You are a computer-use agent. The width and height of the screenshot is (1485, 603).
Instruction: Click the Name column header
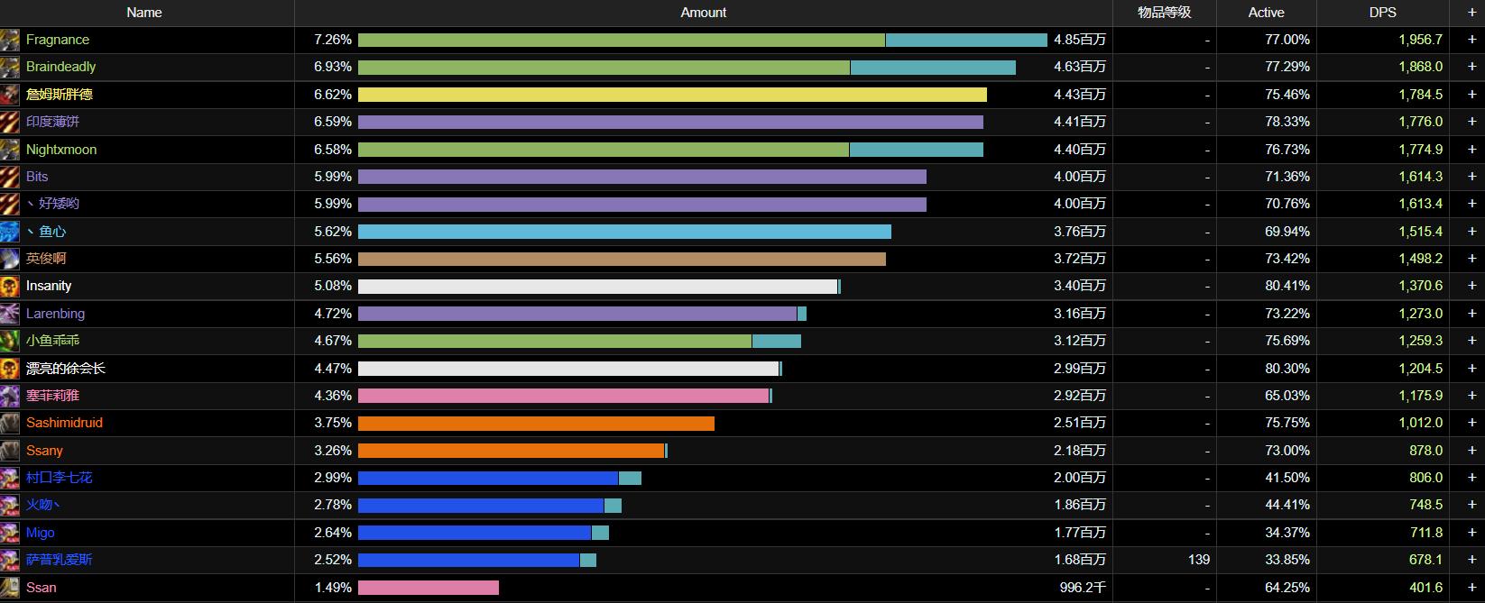(x=144, y=13)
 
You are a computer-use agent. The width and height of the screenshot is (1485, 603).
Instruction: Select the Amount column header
(x=703, y=13)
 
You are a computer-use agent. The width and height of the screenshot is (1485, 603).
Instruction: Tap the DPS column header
(x=1382, y=13)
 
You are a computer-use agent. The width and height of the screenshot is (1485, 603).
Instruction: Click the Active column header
(x=1266, y=13)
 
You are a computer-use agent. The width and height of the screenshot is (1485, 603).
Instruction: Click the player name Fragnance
(x=58, y=40)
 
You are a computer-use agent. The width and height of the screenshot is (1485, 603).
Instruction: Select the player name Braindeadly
(x=60, y=67)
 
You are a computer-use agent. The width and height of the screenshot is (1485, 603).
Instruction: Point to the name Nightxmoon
(x=61, y=150)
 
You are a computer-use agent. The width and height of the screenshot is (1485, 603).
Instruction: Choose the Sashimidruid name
(x=64, y=423)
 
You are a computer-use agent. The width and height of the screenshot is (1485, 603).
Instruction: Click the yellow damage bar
(x=672, y=95)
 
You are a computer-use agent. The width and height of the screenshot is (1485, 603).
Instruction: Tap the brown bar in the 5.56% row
(x=622, y=259)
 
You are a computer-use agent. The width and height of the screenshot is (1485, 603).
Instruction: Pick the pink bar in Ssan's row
(x=429, y=588)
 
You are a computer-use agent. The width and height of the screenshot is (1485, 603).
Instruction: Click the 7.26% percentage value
(x=333, y=40)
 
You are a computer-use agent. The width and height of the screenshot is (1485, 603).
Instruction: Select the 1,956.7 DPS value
(x=1420, y=40)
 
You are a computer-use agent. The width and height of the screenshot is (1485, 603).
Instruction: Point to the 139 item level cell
(x=1198, y=560)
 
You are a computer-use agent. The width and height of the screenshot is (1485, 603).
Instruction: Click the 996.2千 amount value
(x=1083, y=588)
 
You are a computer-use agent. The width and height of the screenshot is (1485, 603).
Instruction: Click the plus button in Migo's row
(x=1471, y=533)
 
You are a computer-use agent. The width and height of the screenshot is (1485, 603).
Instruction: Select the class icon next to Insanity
(x=10, y=287)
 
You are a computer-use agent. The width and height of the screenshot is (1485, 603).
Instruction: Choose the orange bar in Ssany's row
(x=512, y=451)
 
